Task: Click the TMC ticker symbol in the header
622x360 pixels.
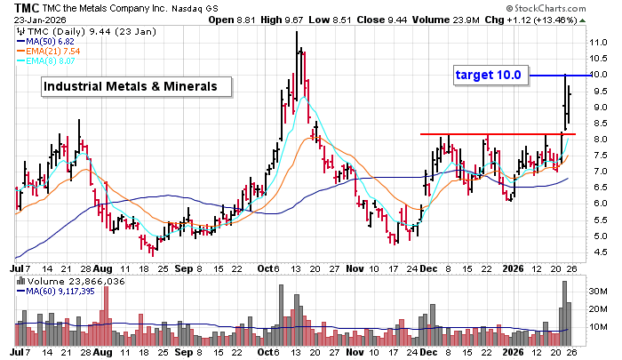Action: pyautogui.click(x=14, y=7)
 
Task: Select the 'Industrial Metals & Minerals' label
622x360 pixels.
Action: pyautogui.click(x=136, y=86)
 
